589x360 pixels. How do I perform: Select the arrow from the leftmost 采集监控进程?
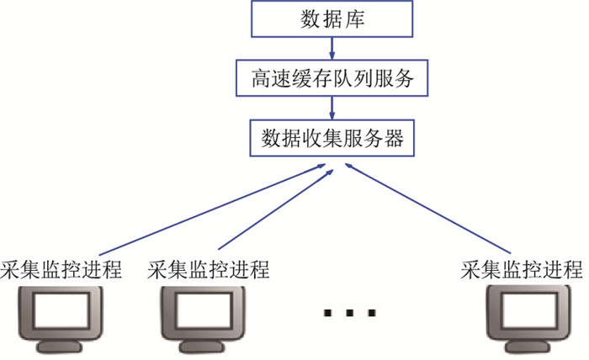coord(210,210)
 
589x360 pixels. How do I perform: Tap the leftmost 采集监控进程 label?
coord(62,271)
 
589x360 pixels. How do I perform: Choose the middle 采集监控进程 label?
coord(208,271)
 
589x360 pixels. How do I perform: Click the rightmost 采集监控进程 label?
coord(522,271)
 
